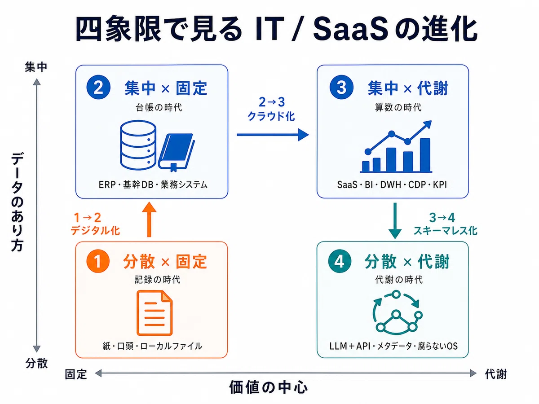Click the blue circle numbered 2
pyautogui.click(x=98, y=87)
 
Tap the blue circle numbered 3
pyautogui.click(x=341, y=87)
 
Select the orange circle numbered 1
pyautogui.click(x=98, y=261)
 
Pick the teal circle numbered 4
pyautogui.click(x=340, y=261)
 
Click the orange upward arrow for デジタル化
pyautogui.click(x=149, y=220)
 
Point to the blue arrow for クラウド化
pyautogui.click(x=273, y=135)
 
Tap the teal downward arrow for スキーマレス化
pyautogui.click(x=395, y=220)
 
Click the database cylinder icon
pyautogui.click(x=138, y=145)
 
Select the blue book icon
pyautogui.click(x=177, y=152)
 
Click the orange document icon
pyautogui.click(x=155, y=313)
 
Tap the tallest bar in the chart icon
pyautogui.click(x=425, y=155)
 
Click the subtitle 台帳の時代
pyautogui.click(x=159, y=107)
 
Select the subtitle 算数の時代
pyautogui.click(x=398, y=107)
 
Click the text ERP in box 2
pyautogui.click(x=107, y=184)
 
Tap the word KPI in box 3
pyautogui.click(x=440, y=184)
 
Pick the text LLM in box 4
pyautogui.click(x=337, y=346)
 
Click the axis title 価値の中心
pyautogui.click(x=269, y=387)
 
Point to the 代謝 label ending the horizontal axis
pyautogui.click(x=496, y=374)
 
